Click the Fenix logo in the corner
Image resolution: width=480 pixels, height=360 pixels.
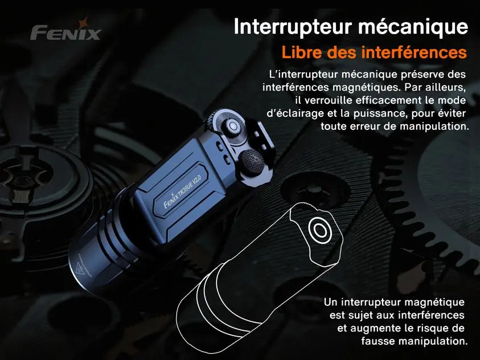pos(65,32)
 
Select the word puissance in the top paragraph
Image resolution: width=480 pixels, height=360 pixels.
pos(387,113)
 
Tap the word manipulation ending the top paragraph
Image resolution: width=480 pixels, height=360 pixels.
pos(434,126)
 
